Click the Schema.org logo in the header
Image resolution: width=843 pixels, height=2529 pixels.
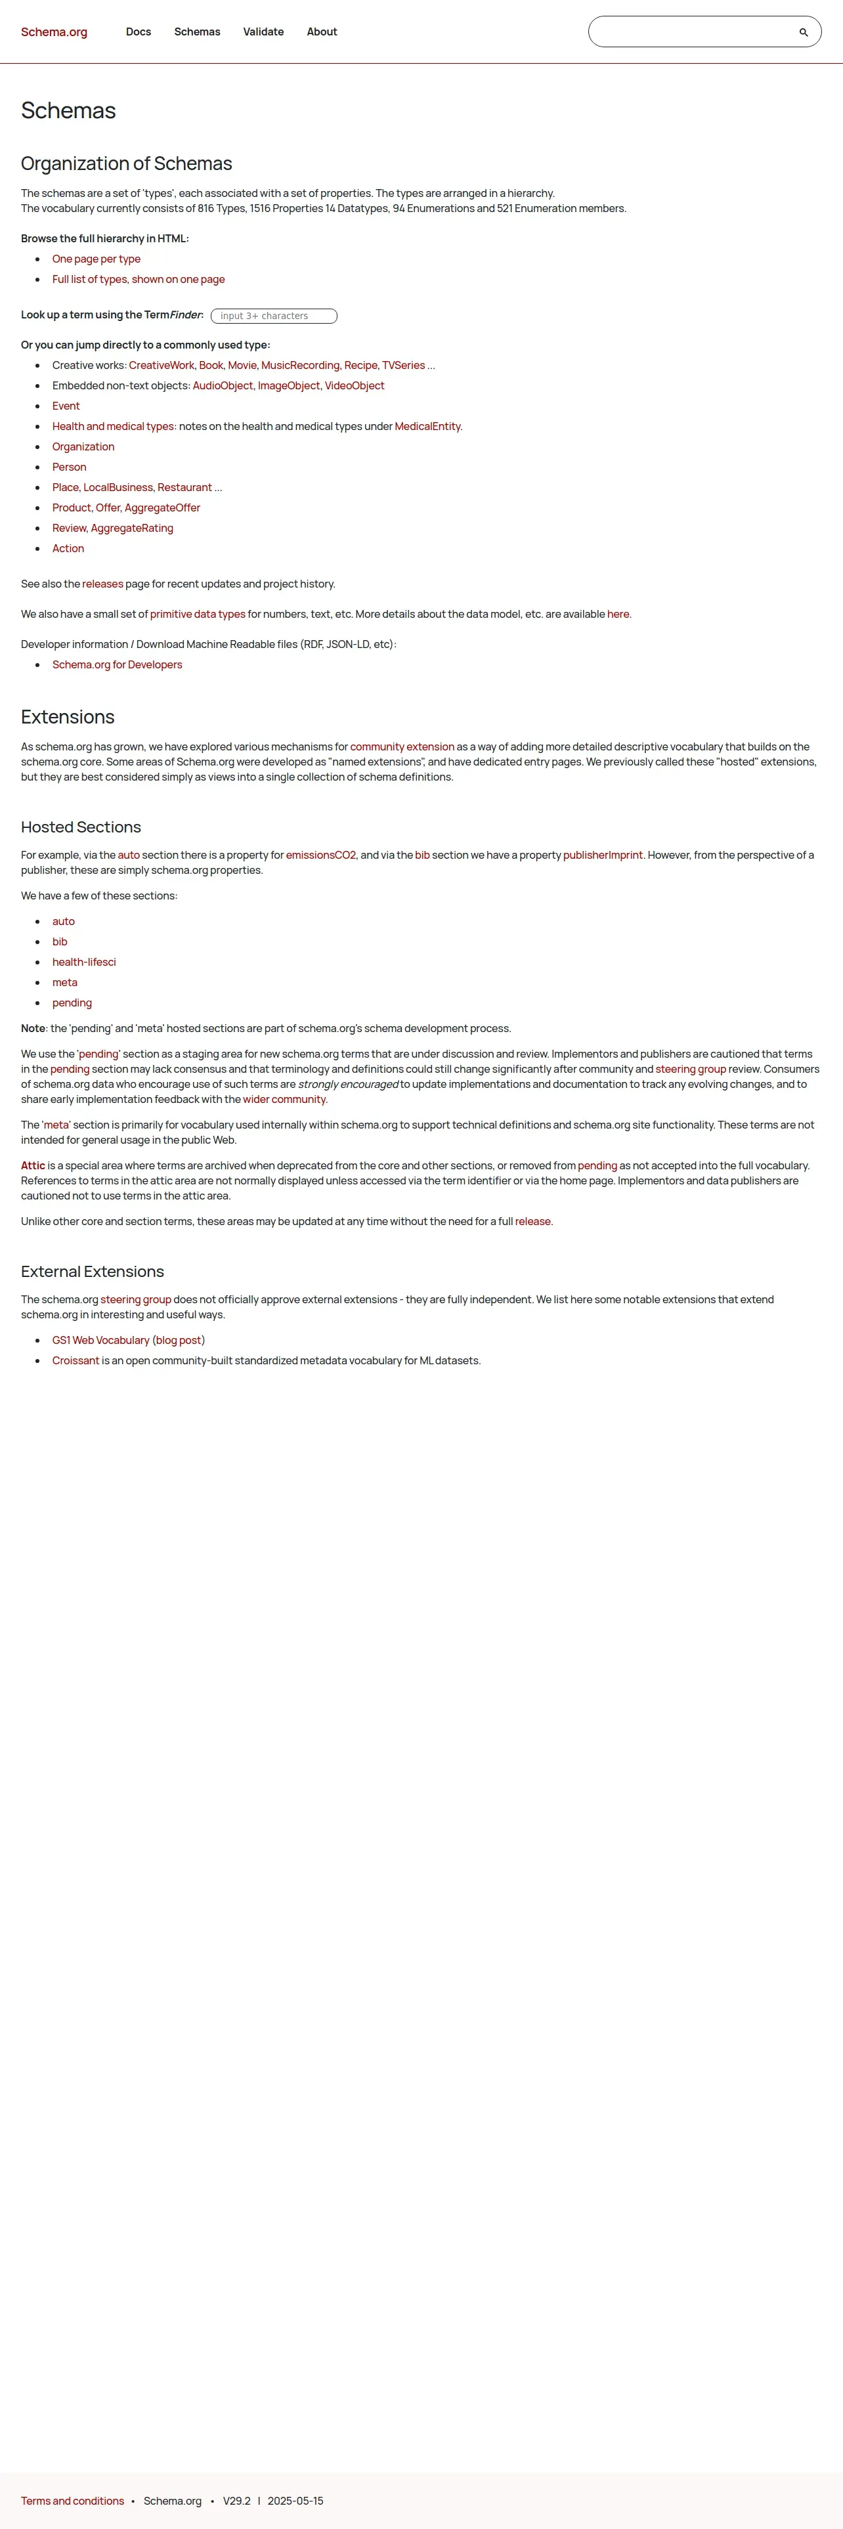pyautogui.click(x=54, y=32)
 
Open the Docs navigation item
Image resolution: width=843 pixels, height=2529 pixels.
pyautogui.click(x=139, y=32)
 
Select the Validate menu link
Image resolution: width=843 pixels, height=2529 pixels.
pyautogui.click(x=263, y=32)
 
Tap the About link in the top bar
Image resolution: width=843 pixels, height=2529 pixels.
pyautogui.click(x=322, y=32)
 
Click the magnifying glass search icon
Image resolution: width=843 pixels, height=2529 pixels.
pyautogui.click(x=804, y=32)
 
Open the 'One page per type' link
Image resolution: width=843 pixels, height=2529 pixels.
pyautogui.click(x=96, y=259)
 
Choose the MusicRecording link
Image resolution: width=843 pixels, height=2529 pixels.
pyautogui.click(x=300, y=365)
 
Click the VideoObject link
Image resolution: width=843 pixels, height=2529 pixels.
pyautogui.click(x=355, y=386)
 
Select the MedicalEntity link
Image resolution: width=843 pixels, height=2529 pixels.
pyautogui.click(x=427, y=427)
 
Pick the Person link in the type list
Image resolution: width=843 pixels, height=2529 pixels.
pyautogui.click(x=69, y=467)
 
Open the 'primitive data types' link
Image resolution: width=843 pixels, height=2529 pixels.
pyautogui.click(x=197, y=615)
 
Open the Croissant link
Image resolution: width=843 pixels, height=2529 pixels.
pyautogui.click(x=76, y=1362)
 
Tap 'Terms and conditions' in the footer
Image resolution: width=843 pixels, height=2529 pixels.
pyautogui.click(x=73, y=2501)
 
